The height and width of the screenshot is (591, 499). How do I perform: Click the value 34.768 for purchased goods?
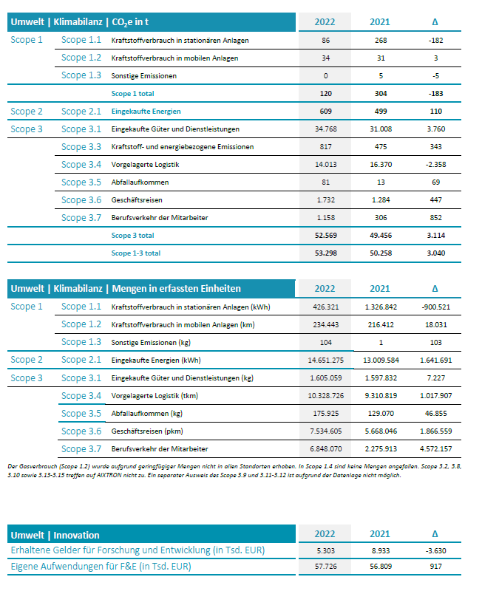click(326, 129)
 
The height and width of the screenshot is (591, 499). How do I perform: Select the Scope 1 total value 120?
click(326, 94)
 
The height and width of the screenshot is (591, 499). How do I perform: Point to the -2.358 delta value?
click(435, 165)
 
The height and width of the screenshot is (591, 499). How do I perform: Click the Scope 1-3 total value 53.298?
click(326, 253)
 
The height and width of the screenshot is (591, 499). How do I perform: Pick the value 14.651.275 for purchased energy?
click(326, 361)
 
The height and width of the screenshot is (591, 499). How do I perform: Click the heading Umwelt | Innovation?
click(55, 535)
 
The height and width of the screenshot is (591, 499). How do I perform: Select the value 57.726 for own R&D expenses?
click(326, 565)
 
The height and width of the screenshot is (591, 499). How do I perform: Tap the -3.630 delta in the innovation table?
click(435, 550)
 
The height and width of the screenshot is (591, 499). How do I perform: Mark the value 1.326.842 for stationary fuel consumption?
click(381, 307)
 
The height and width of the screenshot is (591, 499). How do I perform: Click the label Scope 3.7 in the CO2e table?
click(81, 218)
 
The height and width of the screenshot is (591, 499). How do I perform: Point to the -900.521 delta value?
click(435, 307)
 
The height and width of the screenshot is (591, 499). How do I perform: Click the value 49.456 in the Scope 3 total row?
click(381, 235)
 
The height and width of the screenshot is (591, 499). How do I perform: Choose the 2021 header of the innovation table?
click(380, 535)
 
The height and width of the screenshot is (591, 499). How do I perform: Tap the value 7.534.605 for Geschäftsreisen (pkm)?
click(326, 431)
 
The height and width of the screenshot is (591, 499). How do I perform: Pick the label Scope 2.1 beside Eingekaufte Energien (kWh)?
click(81, 361)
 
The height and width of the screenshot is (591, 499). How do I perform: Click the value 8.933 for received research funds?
click(381, 550)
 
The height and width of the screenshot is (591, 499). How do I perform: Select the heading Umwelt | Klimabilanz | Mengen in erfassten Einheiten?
click(125, 288)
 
